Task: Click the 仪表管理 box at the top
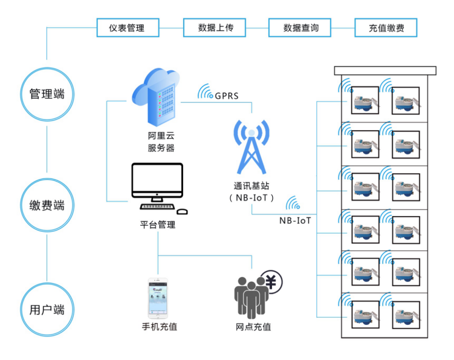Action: click(128, 28)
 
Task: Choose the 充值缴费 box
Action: click(386, 28)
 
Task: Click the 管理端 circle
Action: click(47, 94)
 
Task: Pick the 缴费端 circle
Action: click(47, 206)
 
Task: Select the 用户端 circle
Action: click(47, 310)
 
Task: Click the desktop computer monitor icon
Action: click(157, 183)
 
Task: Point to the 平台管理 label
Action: click(157, 224)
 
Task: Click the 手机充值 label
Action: click(159, 327)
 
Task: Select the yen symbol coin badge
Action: click(271, 281)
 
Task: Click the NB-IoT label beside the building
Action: click(295, 221)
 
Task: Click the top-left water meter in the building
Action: click(365, 98)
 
